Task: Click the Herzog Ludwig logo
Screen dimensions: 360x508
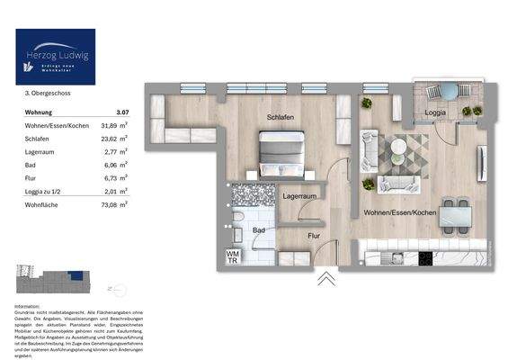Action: tap(55, 56)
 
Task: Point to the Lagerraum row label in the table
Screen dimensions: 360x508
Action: tap(40, 153)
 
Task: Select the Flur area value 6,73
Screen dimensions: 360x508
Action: tap(107, 179)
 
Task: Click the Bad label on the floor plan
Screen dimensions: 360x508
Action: tap(259, 230)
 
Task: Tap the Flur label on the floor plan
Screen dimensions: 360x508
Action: tap(314, 236)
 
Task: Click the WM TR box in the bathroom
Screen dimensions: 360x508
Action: tap(232, 256)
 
